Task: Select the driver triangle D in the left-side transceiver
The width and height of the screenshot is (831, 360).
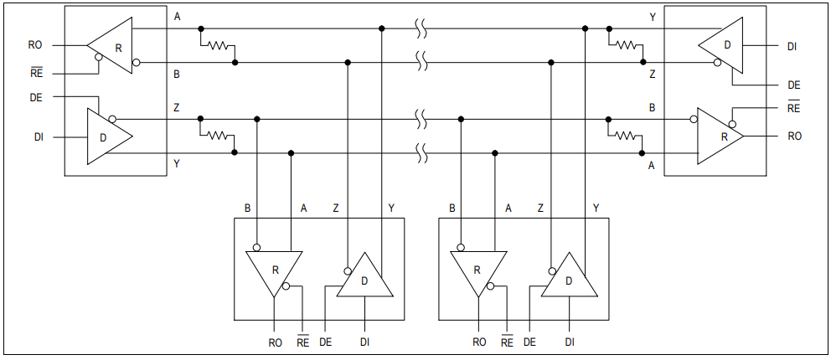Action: [x=106, y=136]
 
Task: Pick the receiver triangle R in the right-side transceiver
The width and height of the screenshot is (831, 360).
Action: [x=720, y=135]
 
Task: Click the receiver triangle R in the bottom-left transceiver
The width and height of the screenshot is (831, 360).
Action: [x=273, y=270]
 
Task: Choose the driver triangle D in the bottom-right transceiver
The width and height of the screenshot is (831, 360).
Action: [x=570, y=279]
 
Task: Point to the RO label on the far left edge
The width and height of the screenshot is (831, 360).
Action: [x=35, y=45]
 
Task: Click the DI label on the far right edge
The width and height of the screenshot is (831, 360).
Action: [x=792, y=45]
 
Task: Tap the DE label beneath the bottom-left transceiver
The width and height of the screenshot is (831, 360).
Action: [x=326, y=342]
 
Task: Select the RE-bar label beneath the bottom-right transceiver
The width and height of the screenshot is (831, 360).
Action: [x=507, y=342]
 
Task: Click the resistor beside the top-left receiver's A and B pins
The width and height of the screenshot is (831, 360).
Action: [x=219, y=46]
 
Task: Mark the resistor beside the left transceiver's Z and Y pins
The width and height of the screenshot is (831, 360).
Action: [x=219, y=135]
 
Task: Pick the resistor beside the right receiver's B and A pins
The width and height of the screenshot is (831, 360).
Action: [x=626, y=135]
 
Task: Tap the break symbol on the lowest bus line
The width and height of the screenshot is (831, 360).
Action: [x=422, y=152]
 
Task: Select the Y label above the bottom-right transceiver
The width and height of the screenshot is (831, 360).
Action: [x=596, y=207]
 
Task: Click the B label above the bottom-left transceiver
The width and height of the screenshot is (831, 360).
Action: [x=247, y=207]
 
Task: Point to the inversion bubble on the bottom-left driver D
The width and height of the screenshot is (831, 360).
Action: [x=346, y=271]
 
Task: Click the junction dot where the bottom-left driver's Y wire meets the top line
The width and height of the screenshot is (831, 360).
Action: [x=382, y=28]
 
